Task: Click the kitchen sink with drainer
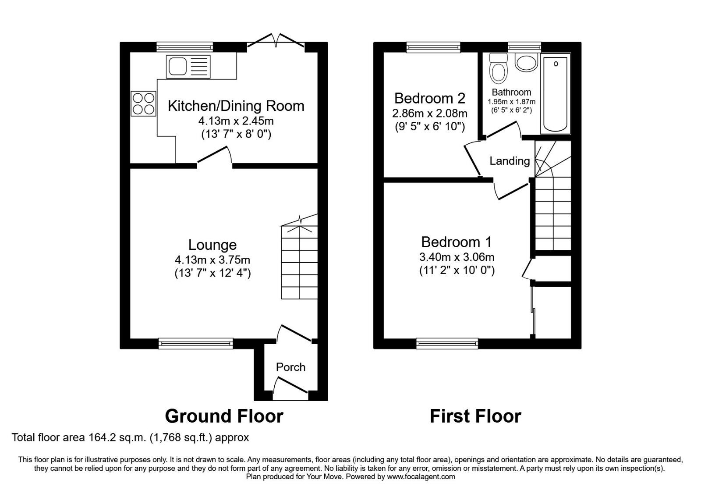pyautogui.click(x=188, y=66)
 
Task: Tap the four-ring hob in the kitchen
pyautogui.click(x=144, y=103)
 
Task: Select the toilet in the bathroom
pyautogui.click(x=499, y=68)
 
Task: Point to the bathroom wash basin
pyautogui.click(x=526, y=62)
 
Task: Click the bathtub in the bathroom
pyautogui.click(x=556, y=94)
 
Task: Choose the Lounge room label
pyautogui.click(x=212, y=245)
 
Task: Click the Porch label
pyautogui.click(x=291, y=367)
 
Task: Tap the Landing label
pyautogui.click(x=510, y=161)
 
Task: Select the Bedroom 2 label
pyautogui.click(x=430, y=98)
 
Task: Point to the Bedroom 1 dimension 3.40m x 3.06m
pyautogui.click(x=457, y=257)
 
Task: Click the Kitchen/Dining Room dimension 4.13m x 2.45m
pyautogui.click(x=236, y=121)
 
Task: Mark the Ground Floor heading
pyautogui.click(x=224, y=416)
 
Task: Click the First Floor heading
pyautogui.click(x=476, y=416)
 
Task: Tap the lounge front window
pyautogui.click(x=195, y=344)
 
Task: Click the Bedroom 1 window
pyautogui.click(x=447, y=344)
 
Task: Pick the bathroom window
pyautogui.click(x=524, y=47)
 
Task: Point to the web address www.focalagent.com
pyautogui.click(x=421, y=477)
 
